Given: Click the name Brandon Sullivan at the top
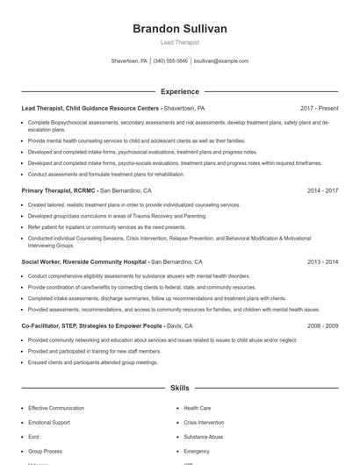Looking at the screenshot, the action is (x=180, y=29).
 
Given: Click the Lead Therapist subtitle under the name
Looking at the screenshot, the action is (x=180, y=42).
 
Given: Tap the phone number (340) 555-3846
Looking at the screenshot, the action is (x=170, y=61).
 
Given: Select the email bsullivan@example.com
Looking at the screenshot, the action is (x=221, y=61).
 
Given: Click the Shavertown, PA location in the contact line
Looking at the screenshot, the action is (x=129, y=61).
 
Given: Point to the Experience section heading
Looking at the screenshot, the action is (x=180, y=91).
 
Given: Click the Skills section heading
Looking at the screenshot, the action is (x=180, y=387).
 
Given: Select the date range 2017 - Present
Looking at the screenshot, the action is (x=319, y=108).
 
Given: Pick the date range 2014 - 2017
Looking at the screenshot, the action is (x=320, y=190).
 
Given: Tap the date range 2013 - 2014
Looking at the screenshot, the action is (x=320, y=261).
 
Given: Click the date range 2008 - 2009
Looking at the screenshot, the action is (x=320, y=325).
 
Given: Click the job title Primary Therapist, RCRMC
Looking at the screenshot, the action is (x=58, y=190).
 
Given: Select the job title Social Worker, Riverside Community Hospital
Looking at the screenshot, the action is (x=84, y=261).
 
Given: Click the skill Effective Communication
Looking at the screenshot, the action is (x=55, y=409).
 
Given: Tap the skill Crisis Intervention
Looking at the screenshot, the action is (x=204, y=423).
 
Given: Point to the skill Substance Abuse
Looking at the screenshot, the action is (x=203, y=437).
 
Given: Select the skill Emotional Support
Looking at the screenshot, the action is (x=49, y=423).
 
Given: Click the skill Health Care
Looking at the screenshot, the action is (x=197, y=409).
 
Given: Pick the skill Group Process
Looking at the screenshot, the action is (x=46, y=451).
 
